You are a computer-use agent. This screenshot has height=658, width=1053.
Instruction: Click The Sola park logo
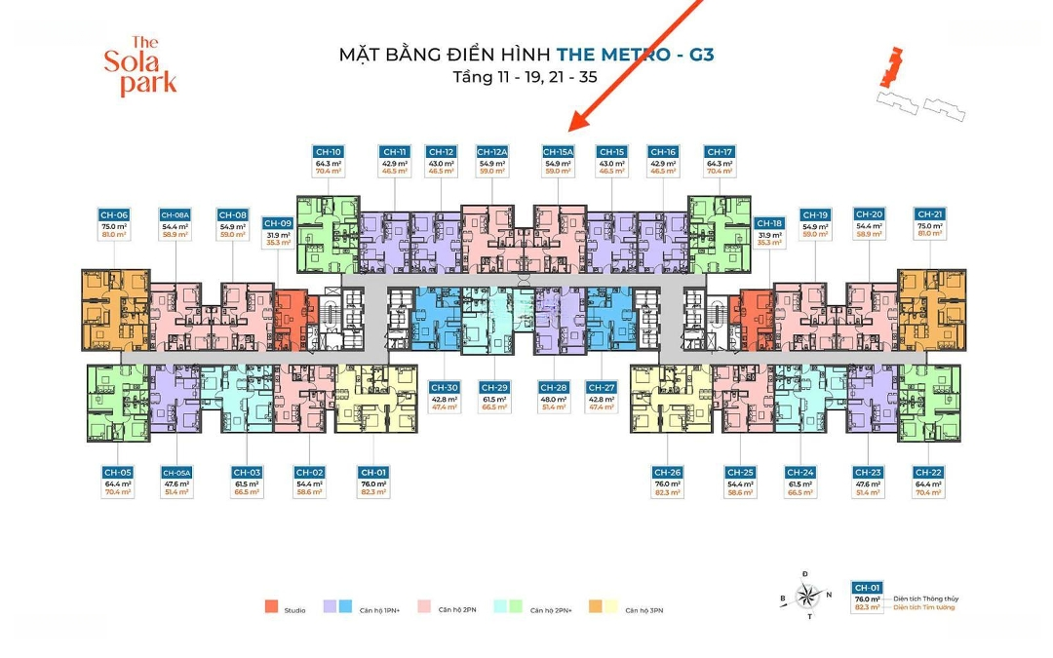tap(141, 66)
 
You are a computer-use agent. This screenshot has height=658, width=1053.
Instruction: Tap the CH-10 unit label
tap(329, 152)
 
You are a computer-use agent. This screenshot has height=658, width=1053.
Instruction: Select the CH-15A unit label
tap(558, 152)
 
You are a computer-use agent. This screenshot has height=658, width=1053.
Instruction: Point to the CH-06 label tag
tap(114, 214)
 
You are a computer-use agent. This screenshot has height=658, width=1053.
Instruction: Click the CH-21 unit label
tap(930, 214)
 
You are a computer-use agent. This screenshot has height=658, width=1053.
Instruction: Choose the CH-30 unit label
tap(444, 387)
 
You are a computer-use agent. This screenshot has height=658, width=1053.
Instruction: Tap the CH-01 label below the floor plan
tap(373, 472)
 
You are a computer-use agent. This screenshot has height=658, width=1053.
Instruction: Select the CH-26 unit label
tap(667, 472)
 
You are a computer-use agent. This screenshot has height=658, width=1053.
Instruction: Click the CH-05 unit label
tap(119, 472)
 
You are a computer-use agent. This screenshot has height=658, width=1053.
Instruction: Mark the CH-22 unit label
tap(928, 472)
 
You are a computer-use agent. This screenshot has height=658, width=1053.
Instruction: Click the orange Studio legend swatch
tap(271, 608)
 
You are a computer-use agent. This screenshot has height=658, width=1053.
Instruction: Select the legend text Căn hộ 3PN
tap(644, 610)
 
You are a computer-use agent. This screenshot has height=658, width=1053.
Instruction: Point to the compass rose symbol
tap(806, 595)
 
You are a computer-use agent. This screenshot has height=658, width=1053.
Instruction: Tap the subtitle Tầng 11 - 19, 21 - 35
tap(526, 75)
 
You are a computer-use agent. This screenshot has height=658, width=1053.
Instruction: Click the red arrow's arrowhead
tap(577, 124)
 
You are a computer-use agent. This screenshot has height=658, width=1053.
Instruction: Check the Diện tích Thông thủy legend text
tap(922, 599)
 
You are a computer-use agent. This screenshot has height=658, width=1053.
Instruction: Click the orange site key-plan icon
tap(886, 68)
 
